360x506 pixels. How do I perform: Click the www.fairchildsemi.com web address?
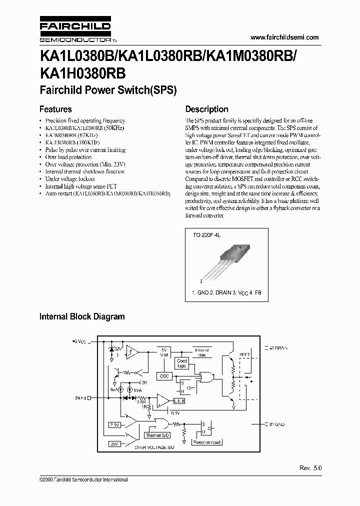tap(284, 37)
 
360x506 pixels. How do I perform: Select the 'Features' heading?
tap(55, 109)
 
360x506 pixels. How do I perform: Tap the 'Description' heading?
tap(206, 109)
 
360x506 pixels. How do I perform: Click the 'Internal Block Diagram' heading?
tap(82, 316)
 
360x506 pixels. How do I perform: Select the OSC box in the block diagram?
tap(164, 375)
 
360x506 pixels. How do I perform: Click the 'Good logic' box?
tap(182, 363)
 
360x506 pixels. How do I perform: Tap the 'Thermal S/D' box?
tap(157, 435)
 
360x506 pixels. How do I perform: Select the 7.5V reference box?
tap(114, 425)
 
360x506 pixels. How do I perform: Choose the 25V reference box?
tap(114, 443)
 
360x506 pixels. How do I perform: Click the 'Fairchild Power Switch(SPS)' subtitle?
tap(108, 91)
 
